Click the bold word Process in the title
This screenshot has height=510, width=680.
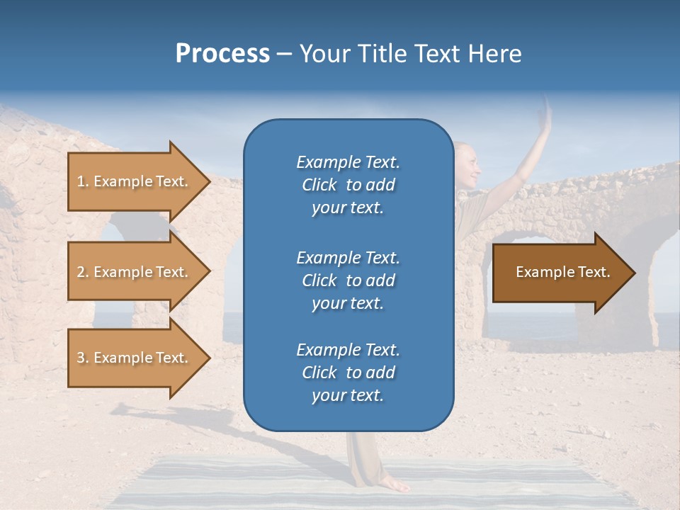point(222,54)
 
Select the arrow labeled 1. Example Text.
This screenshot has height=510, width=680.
point(135,181)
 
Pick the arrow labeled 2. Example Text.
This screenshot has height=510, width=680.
point(135,272)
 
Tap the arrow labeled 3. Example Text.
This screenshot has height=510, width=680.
point(135,358)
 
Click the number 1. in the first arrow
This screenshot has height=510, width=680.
point(83,181)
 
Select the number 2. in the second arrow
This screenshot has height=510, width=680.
point(83,272)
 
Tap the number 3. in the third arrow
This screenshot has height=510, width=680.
point(83,358)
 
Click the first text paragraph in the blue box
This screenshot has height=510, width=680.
point(348,185)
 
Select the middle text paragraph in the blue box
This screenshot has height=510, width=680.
point(348,280)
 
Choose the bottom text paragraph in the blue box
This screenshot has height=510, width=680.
point(348,373)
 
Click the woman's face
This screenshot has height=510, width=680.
point(468,162)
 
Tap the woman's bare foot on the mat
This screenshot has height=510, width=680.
point(394,484)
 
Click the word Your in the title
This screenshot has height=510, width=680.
point(324,54)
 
